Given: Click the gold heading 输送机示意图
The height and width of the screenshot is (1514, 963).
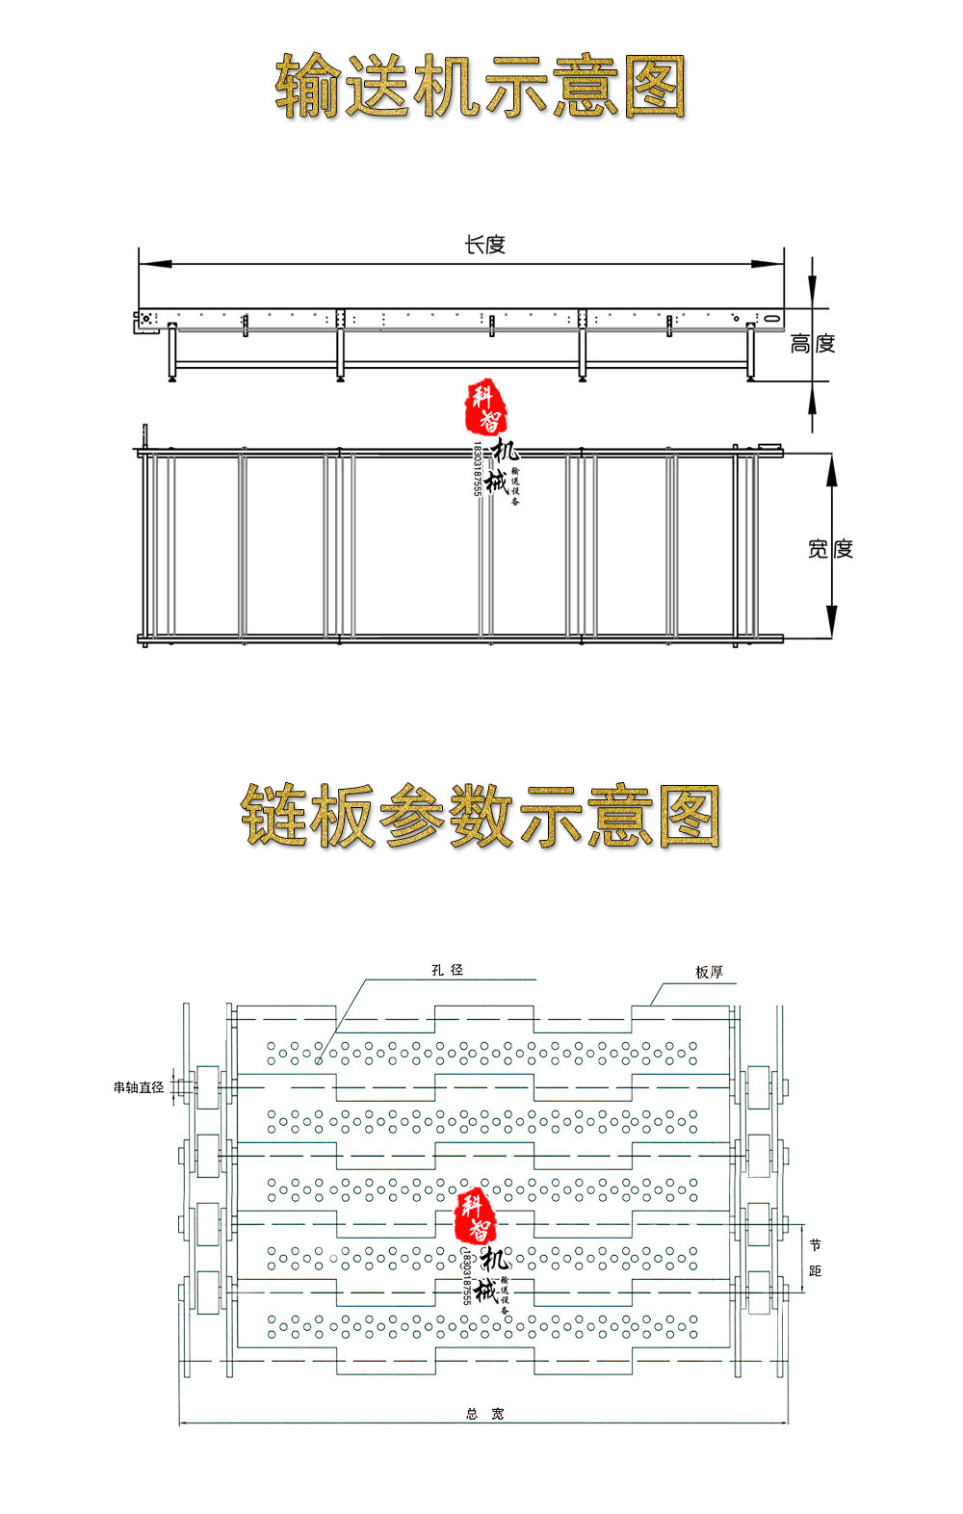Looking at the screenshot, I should click(480, 87).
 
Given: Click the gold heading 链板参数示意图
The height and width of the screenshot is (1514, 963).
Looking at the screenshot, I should click(480, 816).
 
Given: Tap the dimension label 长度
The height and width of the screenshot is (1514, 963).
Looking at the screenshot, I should click(484, 245).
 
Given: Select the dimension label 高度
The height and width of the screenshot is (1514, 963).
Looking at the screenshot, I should click(812, 344).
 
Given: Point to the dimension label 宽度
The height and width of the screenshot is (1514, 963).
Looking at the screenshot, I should click(829, 549).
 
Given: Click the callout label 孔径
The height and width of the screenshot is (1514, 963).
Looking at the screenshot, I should click(447, 970).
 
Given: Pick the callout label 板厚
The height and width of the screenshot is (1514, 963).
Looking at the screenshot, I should click(709, 972).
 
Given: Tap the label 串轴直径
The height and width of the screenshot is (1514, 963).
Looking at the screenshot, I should click(139, 1087).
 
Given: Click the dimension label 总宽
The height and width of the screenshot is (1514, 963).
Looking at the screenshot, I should click(484, 1414).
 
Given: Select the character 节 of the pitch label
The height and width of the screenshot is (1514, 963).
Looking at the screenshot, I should click(815, 1245).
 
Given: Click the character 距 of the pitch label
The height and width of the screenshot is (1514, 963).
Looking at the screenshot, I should click(815, 1271).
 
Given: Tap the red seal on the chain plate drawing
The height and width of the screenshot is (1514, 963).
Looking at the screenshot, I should click(476, 1215).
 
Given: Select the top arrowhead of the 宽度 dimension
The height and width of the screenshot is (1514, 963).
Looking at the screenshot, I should click(832, 466).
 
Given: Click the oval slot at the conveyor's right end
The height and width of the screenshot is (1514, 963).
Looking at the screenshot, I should click(771, 317).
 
